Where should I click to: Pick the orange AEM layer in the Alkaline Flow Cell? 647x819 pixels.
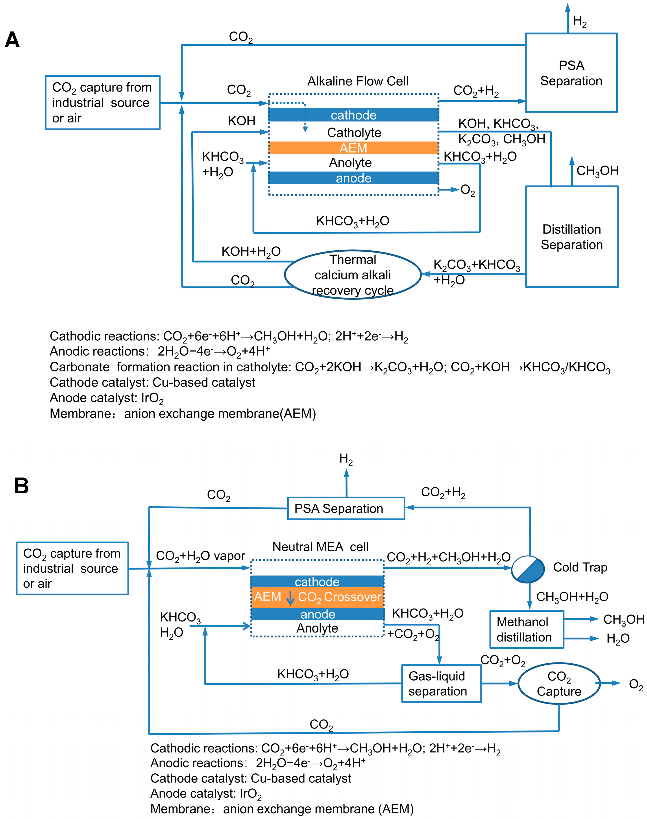(x=353, y=148)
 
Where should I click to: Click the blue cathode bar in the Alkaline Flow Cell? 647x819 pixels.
(x=353, y=115)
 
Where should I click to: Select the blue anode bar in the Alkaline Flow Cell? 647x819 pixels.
(x=353, y=178)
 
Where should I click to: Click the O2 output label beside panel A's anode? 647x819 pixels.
(x=468, y=190)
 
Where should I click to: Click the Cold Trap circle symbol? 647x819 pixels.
(x=528, y=569)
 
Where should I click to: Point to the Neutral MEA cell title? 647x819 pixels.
(x=320, y=547)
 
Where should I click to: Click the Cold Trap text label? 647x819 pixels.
(x=580, y=567)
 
